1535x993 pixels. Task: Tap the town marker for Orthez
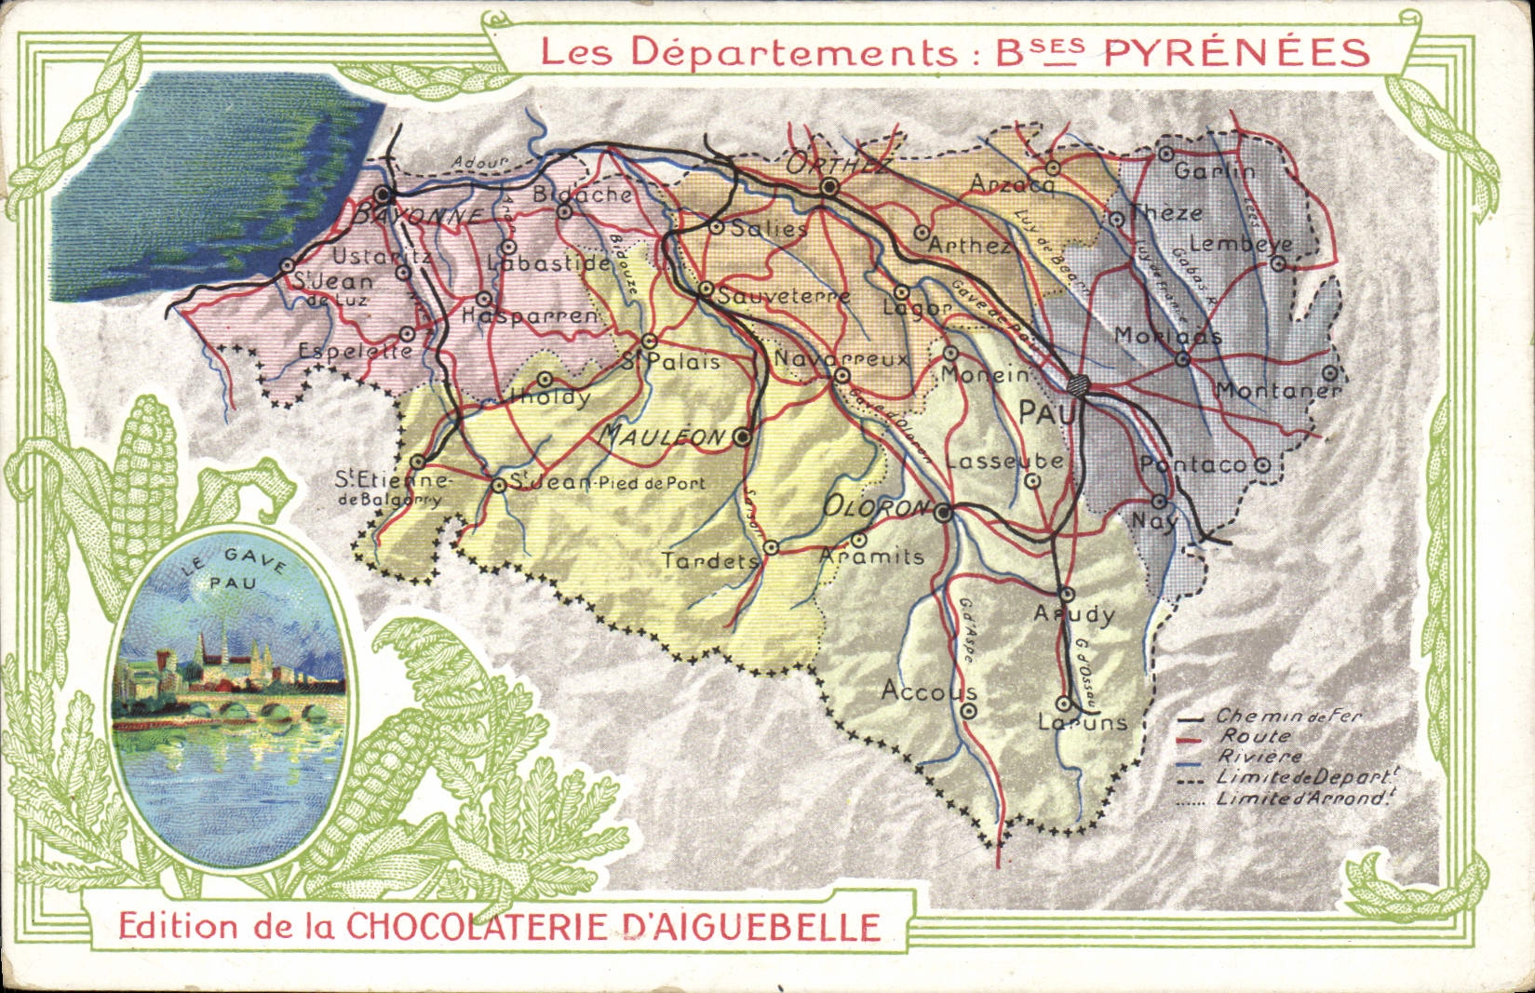point(830,188)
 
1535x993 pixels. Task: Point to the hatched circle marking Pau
point(1079,383)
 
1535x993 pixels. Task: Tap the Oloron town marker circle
point(943,513)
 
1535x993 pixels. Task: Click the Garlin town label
point(1214,171)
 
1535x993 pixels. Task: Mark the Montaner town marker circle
point(1331,372)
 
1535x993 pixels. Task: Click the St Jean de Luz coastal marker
point(287,266)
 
